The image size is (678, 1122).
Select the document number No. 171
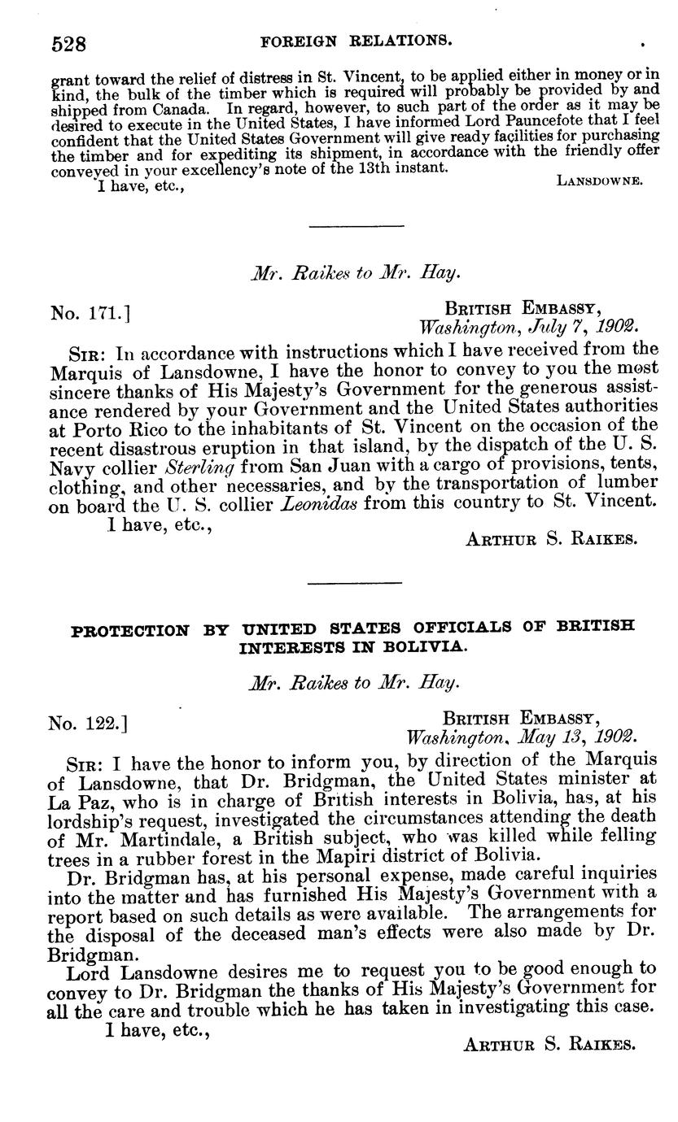point(91,312)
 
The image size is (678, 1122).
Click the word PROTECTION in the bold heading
point(129,629)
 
